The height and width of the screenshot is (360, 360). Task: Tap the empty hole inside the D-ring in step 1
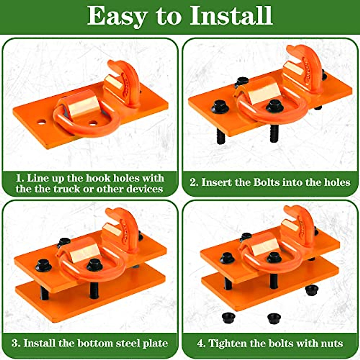[x=93, y=123]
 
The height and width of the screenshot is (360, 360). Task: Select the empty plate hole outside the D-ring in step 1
[x=41, y=122]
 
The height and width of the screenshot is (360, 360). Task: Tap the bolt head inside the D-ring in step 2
[x=275, y=105]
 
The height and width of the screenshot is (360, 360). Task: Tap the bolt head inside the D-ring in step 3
[x=94, y=265]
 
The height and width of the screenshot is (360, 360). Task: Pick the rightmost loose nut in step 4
[x=312, y=290]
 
